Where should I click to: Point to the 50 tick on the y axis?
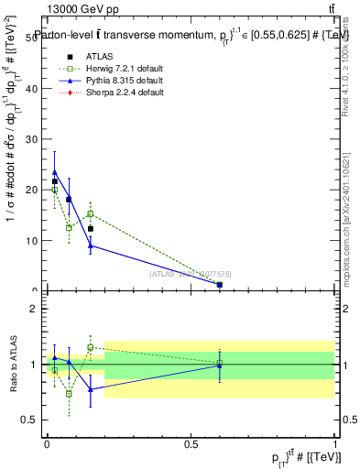click(x=35, y=38)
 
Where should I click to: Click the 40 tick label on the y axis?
click(x=35, y=89)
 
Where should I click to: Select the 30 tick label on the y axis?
click(x=35, y=139)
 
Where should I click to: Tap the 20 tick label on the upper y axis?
click(x=35, y=191)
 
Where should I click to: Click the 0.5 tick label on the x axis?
click(x=191, y=443)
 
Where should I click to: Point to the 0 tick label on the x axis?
click(x=47, y=443)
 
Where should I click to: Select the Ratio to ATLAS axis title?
click(x=13, y=365)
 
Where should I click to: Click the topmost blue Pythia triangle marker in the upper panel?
click(x=55, y=172)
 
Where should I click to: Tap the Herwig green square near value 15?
click(x=90, y=213)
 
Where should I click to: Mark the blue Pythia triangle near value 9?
click(x=90, y=245)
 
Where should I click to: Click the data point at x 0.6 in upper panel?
click(x=220, y=285)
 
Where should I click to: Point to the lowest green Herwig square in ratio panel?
click(x=69, y=394)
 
